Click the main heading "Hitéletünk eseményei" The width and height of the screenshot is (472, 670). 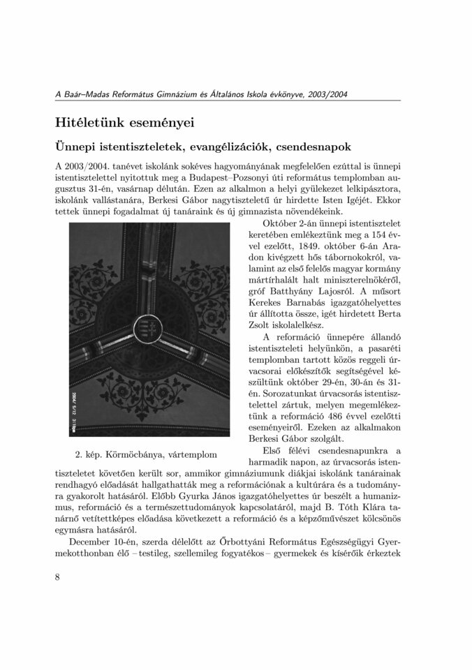tap(124, 122)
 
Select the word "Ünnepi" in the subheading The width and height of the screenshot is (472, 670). tap(78, 148)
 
